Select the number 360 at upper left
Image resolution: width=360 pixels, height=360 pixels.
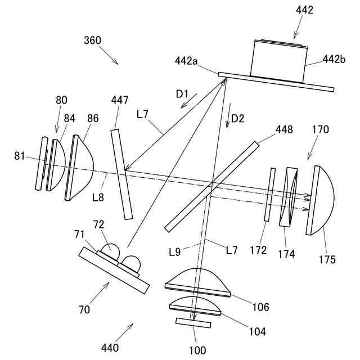(x=92, y=40)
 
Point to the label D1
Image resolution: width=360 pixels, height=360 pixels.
(x=182, y=94)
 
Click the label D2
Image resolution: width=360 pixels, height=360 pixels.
(x=238, y=119)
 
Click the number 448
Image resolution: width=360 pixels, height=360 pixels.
(x=285, y=130)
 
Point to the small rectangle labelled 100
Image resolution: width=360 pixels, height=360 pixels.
(x=193, y=323)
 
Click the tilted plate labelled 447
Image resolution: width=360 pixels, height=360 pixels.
(x=122, y=174)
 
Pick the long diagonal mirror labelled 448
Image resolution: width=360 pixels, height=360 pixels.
(x=213, y=186)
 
